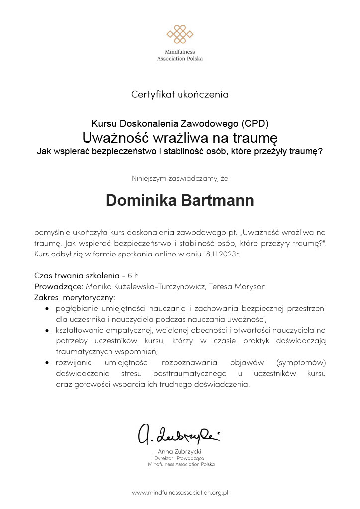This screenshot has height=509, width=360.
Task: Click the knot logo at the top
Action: [180, 34]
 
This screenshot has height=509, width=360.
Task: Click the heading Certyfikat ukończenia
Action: [180, 93]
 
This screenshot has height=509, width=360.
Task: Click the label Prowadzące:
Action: [59, 286]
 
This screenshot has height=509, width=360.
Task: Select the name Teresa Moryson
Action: [237, 286]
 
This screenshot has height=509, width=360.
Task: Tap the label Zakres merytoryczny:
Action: [75, 298]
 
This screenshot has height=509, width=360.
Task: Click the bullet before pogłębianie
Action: [47, 309]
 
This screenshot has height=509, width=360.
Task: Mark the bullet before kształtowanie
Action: [47, 330]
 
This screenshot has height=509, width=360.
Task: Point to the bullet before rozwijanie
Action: [47, 363]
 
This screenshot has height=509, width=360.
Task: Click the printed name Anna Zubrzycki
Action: [180, 451]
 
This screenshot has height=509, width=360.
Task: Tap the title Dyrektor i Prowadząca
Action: [180, 458]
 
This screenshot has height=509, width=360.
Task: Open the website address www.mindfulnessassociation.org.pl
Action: [180, 493]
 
